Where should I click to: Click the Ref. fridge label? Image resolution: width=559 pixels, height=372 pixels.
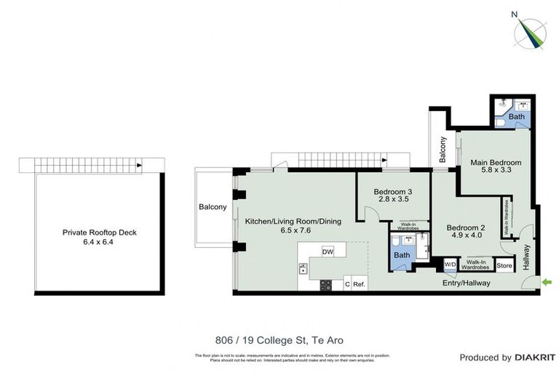359,285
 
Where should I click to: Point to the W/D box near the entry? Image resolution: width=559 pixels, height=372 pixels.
450,264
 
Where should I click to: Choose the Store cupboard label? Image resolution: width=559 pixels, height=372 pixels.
504,266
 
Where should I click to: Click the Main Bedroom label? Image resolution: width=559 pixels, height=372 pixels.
495,162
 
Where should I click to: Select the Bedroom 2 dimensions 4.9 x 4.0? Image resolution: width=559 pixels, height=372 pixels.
464,235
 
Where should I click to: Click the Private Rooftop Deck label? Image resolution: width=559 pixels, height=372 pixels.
99,233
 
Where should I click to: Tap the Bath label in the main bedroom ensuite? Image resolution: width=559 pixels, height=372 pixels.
516,116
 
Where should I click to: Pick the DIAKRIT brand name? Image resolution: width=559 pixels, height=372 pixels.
535,357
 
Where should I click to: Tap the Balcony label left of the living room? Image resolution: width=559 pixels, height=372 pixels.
213,207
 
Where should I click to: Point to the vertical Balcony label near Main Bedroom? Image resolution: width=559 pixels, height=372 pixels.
442,150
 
